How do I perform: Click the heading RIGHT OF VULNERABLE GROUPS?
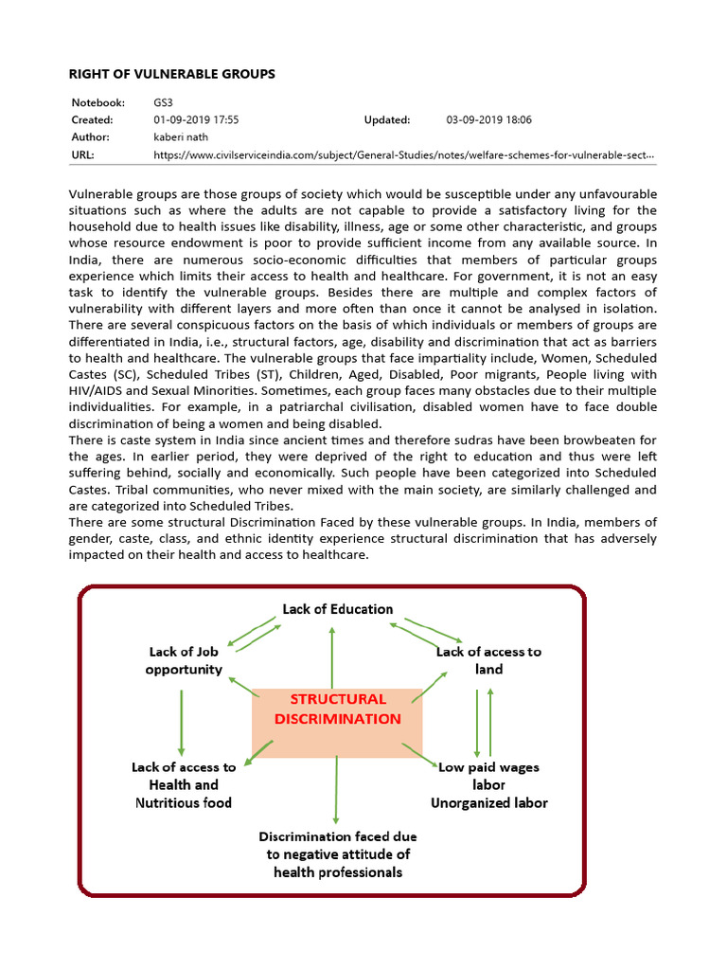(x=173, y=73)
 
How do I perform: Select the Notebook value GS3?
(x=163, y=102)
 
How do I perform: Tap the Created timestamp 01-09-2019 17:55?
(x=196, y=120)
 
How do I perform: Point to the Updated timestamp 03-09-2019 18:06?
(x=488, y=120)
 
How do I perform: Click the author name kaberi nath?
(x=180, y=137)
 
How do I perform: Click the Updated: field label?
(x=387, y=120)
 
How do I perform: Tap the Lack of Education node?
(x=337, y=609)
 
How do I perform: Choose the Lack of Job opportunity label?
(x=184, y=660)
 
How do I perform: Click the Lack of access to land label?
(x=488, y=660)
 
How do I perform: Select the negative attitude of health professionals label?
(x=337, y=854)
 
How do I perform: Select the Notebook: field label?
(x=99, y=102)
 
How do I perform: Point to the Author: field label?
(x=92, y=137)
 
